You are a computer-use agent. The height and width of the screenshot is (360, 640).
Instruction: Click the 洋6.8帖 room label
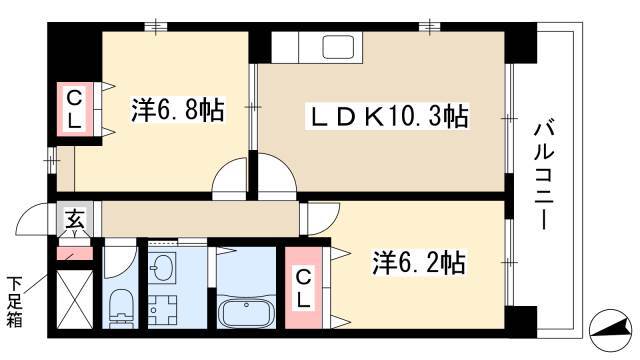tap(177, 109)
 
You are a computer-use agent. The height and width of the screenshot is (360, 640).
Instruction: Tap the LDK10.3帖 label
tap(387, 116)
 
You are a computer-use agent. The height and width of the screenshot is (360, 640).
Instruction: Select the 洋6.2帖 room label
tap(418, 262)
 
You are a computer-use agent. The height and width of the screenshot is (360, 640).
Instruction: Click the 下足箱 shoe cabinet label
tap(15, 302)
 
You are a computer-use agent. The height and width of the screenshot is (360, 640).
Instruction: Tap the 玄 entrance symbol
tap(76, 219)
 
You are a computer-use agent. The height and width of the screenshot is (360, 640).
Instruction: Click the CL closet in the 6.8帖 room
tap(74, 109)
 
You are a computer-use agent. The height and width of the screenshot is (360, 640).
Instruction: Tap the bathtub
tap(246, 312)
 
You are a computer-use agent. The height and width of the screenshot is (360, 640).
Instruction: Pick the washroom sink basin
tap(162, 268)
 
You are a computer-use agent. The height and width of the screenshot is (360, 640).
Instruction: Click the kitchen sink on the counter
tap(338, 47)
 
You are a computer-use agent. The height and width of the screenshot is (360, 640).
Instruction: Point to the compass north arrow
tap(611, 329)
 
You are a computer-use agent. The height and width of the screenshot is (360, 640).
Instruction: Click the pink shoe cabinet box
tap(74, 253)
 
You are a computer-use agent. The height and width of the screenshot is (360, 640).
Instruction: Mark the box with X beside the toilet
tap(75, 299)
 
